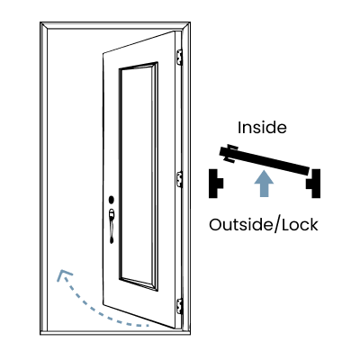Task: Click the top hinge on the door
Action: click(179, 57)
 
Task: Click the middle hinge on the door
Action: click(179, 179)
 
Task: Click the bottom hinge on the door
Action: click(179, 306)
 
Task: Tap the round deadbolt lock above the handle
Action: click(112, 200)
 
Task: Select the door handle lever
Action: click(112, 226)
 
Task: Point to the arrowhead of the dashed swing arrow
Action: click(64, 274)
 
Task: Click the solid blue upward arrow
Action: click(264, 184)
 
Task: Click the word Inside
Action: click(262, 128)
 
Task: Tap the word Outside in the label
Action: click(240, 225)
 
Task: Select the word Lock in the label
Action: click(300, 225)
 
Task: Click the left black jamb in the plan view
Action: click(216, 184)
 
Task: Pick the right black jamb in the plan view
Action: click(313, 184)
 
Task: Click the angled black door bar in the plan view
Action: click(265, 160)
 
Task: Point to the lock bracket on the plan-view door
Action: click(231, 154)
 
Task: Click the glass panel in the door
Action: click(139, 176)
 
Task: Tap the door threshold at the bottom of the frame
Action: click(115, 332)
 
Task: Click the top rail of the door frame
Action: click(115, 25)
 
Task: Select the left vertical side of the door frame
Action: click(44, 178)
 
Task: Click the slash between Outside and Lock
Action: click(277, 225)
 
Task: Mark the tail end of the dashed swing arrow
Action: click(148, 325)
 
